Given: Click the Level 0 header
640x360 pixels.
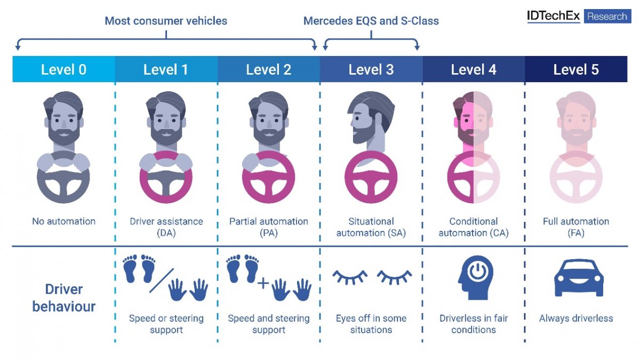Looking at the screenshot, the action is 63,69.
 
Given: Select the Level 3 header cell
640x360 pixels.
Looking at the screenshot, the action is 371,69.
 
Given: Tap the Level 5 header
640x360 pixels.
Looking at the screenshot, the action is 576,69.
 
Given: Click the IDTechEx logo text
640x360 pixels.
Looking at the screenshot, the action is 554,16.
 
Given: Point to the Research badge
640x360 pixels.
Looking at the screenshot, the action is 607,17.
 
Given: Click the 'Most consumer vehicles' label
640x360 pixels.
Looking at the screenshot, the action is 166,21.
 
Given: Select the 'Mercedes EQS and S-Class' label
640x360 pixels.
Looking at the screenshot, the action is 371,21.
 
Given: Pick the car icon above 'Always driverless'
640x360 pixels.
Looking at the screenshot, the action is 579,278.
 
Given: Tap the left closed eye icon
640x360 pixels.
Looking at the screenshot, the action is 350,277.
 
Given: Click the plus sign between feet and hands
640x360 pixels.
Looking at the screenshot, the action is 263,283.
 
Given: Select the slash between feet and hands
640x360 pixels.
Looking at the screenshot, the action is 162,281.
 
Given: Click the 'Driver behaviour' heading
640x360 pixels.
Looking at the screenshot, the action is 63,298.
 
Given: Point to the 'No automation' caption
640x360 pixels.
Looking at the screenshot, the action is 63,221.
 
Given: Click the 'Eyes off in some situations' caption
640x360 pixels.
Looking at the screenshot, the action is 371,324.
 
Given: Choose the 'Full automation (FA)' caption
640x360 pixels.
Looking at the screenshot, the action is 576,227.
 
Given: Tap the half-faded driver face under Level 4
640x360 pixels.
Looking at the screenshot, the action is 473,118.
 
